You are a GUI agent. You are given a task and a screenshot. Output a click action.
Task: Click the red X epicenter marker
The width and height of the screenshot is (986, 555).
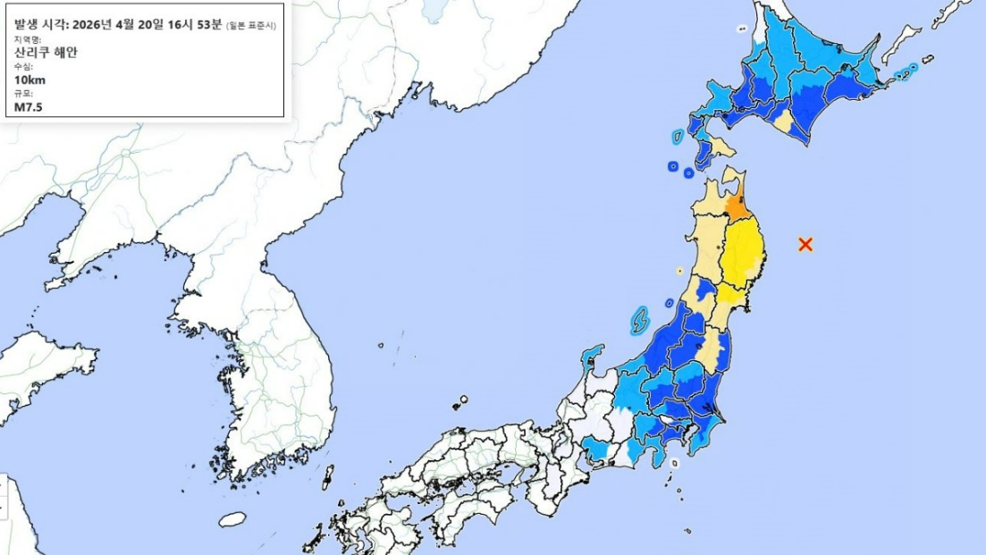[805, 244]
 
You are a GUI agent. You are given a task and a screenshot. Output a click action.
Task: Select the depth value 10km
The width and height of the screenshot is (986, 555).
[29, 80]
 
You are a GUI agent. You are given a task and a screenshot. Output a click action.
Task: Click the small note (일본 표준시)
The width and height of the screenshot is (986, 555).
[254, 25]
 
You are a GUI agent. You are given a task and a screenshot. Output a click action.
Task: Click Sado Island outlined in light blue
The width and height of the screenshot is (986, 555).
[639, 319]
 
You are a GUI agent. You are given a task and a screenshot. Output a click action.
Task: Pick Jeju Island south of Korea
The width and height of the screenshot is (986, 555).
[232, 519]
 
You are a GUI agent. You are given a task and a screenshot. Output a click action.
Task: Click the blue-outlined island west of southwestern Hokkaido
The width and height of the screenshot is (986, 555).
[678, 137]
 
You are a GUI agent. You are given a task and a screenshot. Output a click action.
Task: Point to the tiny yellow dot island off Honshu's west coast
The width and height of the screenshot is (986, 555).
[679, 270]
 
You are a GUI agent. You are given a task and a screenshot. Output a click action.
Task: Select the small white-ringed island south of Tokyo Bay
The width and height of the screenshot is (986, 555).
[675, 464]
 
